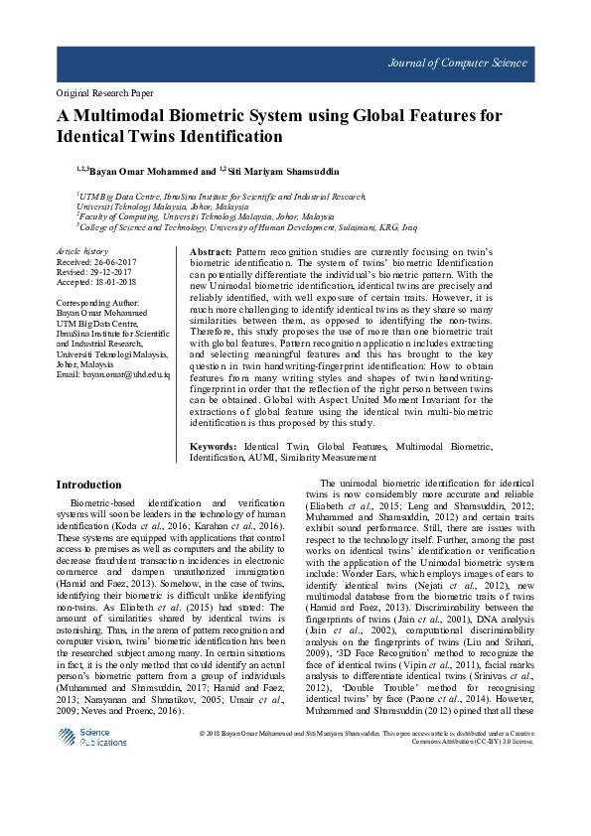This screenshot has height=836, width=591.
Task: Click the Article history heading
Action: click(x=81, y=252)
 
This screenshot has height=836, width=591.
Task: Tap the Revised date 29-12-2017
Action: click(x=109, y=271)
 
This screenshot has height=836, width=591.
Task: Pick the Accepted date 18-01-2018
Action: click(x=113, y=281)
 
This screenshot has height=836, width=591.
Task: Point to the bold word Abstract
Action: click(x=212, y=254)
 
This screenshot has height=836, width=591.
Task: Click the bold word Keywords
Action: click(x=214, y=448)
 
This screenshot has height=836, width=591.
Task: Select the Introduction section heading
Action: click(x=89, y=486)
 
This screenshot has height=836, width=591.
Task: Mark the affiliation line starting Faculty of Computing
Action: click(x=206, y=215)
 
